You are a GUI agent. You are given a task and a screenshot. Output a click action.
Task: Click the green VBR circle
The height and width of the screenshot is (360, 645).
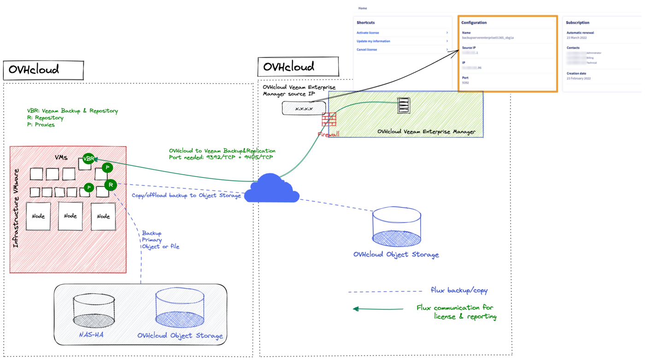pos(88,159)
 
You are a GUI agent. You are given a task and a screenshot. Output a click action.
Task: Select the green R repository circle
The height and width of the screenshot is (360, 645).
pos(111,185)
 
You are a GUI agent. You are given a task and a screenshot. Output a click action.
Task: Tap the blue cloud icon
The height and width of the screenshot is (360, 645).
pos(272,189)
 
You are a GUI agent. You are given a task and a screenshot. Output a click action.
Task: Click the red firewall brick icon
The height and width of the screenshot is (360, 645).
pos(329,120)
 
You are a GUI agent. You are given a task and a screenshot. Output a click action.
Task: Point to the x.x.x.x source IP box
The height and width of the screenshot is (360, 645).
pos(304,109)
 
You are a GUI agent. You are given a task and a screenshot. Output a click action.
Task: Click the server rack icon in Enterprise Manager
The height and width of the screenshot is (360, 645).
pos(404,106)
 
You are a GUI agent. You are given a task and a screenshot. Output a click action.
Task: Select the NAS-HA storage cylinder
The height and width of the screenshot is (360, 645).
pos(94,312)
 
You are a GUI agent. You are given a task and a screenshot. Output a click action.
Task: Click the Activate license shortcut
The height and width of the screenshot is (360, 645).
pos(368,33)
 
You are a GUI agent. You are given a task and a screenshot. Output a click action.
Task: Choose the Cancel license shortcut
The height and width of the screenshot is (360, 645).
pos(367,49)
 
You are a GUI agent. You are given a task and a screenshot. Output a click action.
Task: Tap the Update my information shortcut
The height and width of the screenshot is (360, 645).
pos(373,41)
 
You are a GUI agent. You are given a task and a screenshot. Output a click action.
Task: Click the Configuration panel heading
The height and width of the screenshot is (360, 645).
pos(474,23)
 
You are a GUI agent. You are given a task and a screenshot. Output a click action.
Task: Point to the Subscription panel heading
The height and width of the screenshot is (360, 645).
pos(577,23)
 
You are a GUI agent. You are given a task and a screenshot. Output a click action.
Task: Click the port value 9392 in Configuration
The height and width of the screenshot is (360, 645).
pos(465,83)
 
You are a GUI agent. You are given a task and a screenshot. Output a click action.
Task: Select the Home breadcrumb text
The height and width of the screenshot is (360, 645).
pos(363,8)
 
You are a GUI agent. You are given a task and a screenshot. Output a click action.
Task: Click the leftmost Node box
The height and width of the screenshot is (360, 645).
pos(38,216)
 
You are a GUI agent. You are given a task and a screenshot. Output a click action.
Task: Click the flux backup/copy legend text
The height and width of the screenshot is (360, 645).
pos(459,290)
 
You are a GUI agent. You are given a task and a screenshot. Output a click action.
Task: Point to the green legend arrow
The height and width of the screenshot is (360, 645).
pos(378,309)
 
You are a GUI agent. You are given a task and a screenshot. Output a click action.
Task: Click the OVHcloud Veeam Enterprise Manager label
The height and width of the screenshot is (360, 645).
pos(426,132)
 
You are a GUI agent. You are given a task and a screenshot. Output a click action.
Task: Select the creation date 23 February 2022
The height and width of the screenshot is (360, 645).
pos(579,78)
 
